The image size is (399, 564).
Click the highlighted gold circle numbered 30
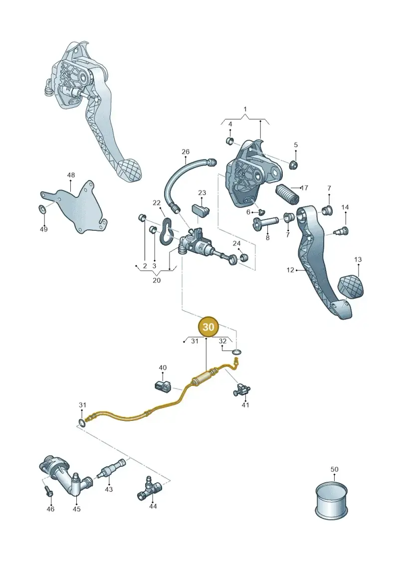tap(208, 327)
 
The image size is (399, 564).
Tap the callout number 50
tap(334, 469)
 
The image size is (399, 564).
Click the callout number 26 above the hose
tap(186, 152)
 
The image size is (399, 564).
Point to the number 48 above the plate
tap(71, 175)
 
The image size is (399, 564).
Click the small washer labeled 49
tap(42, 208)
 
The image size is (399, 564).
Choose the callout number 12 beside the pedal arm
tap(290, 270)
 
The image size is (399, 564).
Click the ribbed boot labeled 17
tap(288, 194)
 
